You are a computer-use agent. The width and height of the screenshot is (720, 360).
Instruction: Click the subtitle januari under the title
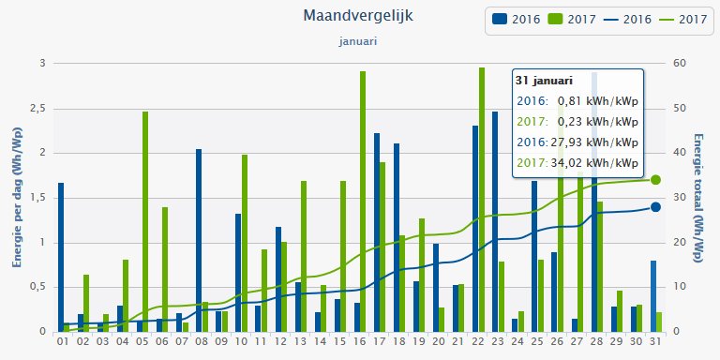pos(358,41)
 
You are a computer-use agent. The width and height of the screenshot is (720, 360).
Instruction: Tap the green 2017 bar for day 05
pos(145,221)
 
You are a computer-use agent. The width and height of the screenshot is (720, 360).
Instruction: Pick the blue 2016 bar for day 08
pos(199,240)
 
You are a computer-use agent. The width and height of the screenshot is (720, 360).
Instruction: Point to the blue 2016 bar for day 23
pos(495,221)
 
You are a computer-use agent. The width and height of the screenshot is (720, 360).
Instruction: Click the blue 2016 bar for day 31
pos(653,295)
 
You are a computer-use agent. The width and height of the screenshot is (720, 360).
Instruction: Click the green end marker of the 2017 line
pos(656,180)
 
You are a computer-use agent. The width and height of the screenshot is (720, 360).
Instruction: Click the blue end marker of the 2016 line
pos(656,207)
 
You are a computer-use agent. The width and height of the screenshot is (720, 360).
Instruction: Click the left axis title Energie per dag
pos(16,198)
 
